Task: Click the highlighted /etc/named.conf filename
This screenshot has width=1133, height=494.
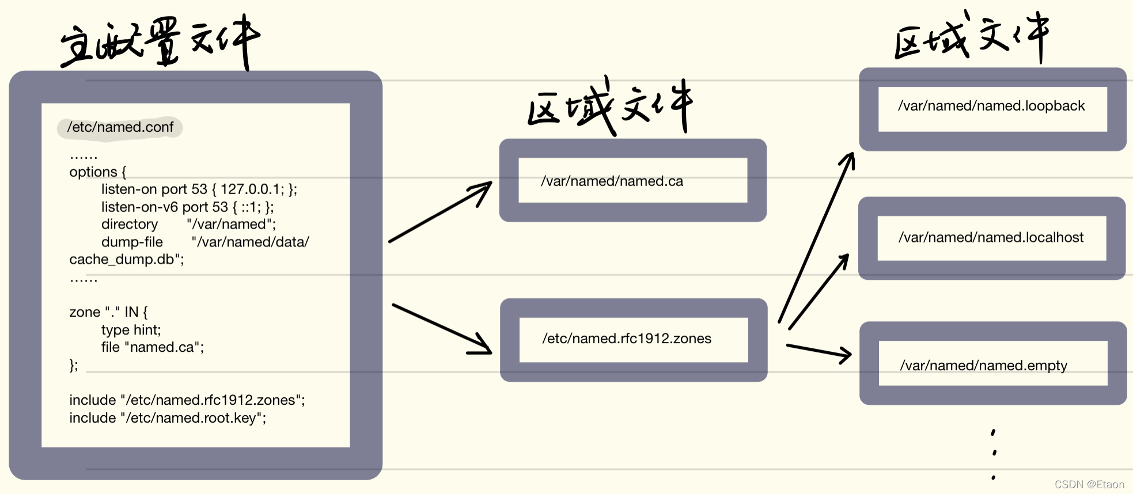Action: (x=120, y=127)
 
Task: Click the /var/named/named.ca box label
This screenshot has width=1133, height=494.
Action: (x=612, y=181)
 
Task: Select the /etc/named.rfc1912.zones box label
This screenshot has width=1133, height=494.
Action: (x=627, y=339)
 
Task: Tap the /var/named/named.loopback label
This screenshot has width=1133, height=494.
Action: (x=991, y=106)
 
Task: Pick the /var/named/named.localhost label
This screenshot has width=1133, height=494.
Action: (x=991, y=237)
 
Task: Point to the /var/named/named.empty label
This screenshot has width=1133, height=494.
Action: (x=984, y=366)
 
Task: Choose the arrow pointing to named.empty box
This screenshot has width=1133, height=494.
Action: (x=818, y=351)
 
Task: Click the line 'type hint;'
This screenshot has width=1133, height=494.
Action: (x=131, y=330)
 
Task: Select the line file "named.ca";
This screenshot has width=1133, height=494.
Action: (x=153, y=347)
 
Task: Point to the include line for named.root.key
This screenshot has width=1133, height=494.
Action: (x=168, y=418)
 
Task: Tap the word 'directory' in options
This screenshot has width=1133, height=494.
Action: (x=130, y=224)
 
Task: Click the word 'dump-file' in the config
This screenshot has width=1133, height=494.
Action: (x=132, y=242)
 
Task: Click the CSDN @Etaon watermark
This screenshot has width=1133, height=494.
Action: (x=1089, y=485)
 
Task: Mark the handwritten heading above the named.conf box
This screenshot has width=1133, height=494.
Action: (x=160, y=41)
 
